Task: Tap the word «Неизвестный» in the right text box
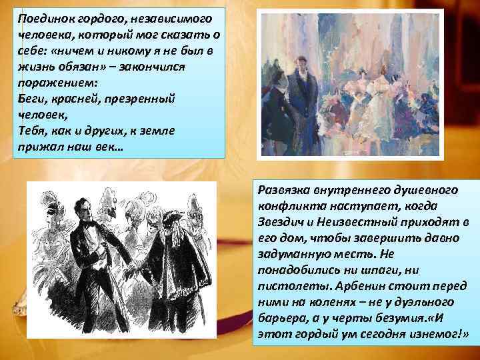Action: tap(365, 221)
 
